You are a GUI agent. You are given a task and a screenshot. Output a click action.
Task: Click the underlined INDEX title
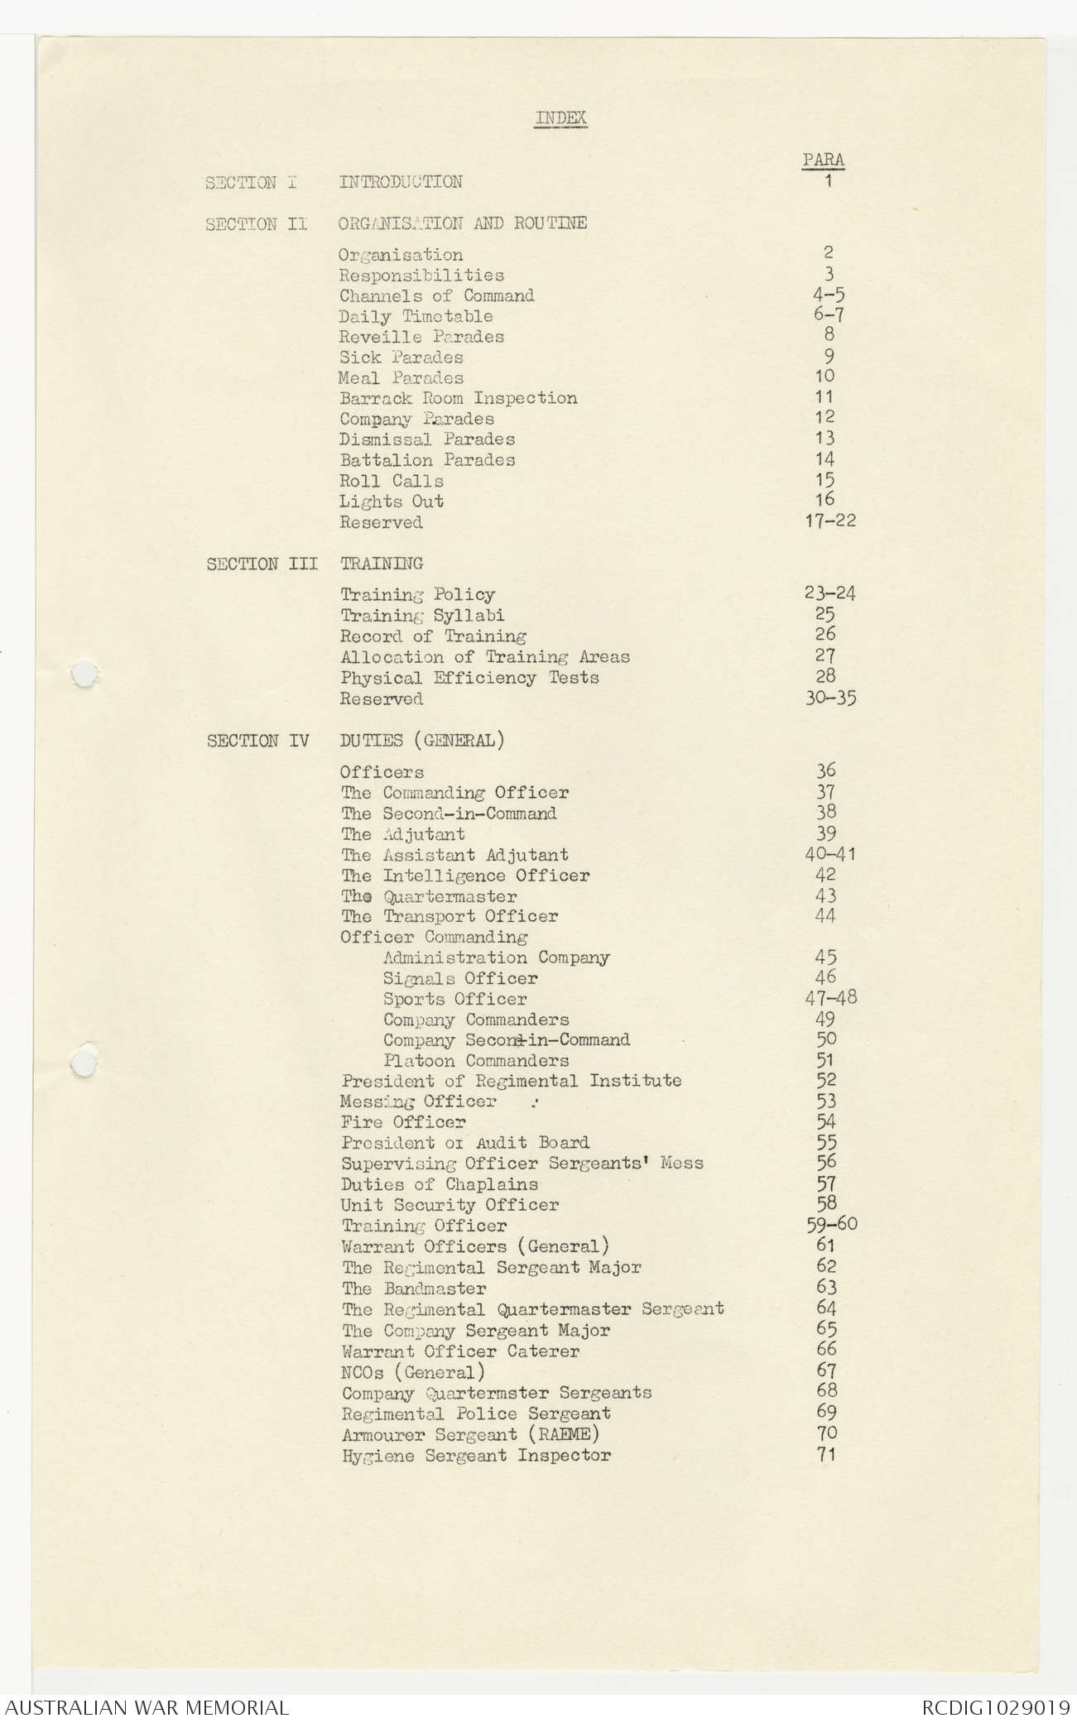[560, 118]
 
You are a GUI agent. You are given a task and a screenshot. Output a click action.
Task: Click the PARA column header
[823, 160]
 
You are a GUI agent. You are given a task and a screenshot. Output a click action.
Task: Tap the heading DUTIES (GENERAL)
[421, 741]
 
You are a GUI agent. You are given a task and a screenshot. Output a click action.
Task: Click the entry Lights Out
[392, 502]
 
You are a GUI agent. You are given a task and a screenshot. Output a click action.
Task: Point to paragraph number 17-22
[830, 521]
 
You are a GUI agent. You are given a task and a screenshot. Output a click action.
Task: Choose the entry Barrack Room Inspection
[458, 398]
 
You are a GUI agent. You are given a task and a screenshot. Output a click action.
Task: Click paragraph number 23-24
[829, 593]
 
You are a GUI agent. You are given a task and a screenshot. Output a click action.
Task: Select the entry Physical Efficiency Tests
[469, 678]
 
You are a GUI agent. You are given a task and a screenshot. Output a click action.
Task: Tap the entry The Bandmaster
[414, 1289]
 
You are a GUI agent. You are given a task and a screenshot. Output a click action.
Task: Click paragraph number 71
[825, 1453]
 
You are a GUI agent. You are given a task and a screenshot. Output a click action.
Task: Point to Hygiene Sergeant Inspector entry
[476, 1455]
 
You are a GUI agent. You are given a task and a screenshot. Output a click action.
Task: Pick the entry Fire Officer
[402, 1122]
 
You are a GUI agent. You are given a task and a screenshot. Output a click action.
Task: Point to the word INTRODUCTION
[401, 182]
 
